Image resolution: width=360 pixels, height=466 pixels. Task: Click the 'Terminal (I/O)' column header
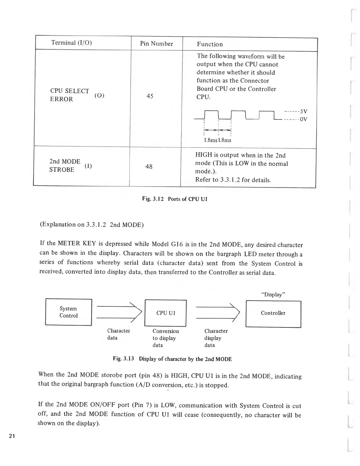pos(71,43)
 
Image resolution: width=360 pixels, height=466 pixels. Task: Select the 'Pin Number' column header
pos(156,44)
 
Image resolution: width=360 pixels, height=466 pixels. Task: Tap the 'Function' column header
pos(210,44)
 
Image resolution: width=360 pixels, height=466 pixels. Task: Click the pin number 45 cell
pos(150,96)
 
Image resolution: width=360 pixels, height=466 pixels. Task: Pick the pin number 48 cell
pos(149,167)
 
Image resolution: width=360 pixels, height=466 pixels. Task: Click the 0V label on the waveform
pos(304,119)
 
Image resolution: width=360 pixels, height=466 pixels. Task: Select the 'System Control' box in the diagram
pos(69,312)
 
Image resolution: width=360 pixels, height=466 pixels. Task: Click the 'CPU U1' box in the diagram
pos(166,313)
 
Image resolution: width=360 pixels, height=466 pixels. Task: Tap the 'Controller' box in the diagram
pos(273,313)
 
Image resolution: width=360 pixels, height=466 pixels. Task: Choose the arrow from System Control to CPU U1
pos(119,312)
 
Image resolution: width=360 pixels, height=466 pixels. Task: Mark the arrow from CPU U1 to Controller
pos(218,313)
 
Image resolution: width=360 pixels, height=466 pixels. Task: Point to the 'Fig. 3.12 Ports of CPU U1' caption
pos(175,199)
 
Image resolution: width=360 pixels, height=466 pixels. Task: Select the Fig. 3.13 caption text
pos(172,359)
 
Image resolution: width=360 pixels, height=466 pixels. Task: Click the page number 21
pos(12,436)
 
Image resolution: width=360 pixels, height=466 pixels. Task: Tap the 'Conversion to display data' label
pos(165,338)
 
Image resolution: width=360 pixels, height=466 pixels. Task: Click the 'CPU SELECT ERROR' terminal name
pos(70,95)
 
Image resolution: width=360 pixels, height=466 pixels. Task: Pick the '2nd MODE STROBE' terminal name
pos(65,166)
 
